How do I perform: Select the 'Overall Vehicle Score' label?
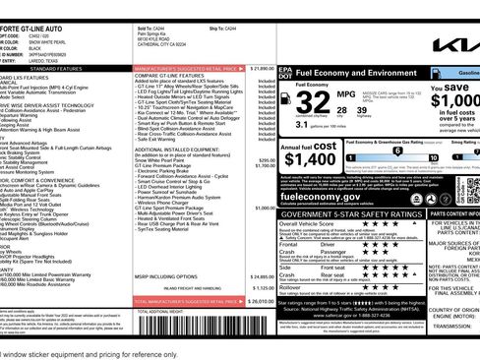pos(309,224)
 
